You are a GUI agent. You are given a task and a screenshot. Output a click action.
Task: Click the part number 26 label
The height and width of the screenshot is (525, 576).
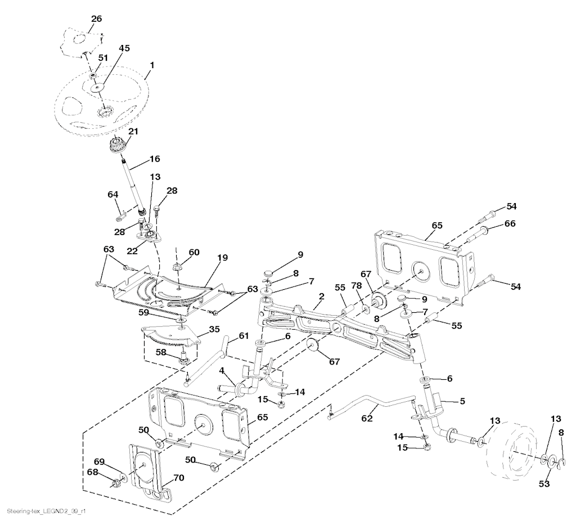(96, 19)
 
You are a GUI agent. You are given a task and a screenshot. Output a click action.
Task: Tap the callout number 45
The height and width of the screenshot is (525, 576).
(124, 48)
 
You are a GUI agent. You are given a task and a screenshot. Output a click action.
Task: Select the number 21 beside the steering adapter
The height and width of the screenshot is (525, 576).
(133, 131)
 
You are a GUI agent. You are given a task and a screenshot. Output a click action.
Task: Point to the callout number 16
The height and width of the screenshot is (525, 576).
(155, 159)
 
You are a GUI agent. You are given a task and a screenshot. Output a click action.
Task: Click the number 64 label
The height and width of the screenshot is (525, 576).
(113, 195)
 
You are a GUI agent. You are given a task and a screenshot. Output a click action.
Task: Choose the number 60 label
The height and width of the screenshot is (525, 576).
(194, 253)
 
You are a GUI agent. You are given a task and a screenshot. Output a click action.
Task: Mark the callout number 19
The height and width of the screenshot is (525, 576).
(222, 258)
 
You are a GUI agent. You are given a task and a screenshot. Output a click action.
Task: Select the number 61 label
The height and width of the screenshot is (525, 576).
(243, 336)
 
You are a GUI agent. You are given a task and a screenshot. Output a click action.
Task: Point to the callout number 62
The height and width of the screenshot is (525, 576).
(367, 419)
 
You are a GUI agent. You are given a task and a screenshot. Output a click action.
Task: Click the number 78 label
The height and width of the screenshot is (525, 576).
(357, 285)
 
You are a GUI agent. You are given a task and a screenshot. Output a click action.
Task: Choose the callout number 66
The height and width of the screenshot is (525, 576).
(509, 224)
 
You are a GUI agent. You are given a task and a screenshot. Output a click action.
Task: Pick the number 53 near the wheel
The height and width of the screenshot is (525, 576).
(544, 484)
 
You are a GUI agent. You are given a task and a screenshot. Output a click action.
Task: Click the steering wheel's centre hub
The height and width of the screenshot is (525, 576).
(103, 113)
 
